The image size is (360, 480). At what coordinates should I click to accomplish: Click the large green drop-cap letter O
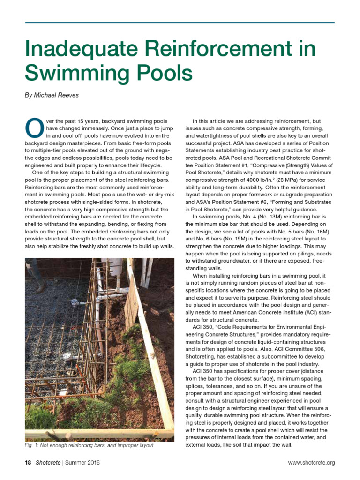[33, 126]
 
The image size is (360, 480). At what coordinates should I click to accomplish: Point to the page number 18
[28, 463]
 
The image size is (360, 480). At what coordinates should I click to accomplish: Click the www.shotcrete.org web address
[311, 463]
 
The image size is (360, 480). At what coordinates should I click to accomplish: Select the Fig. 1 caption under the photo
[89, 445]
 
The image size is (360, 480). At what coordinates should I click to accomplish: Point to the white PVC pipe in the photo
[99, 310]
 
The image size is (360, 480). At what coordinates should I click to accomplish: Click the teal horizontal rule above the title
[180, 22]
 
